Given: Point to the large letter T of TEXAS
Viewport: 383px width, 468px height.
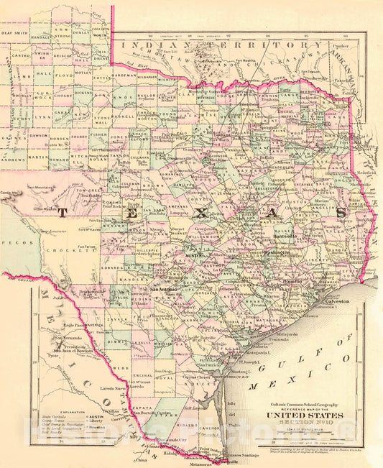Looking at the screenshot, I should point(62,212).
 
